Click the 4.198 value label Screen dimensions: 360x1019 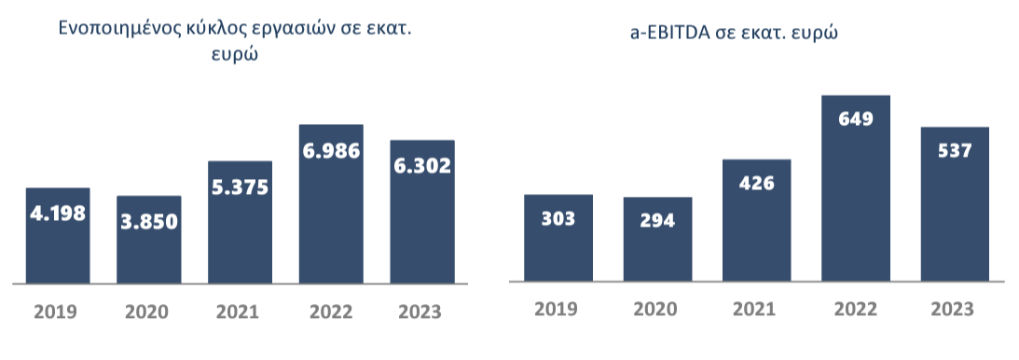tap(58, 213)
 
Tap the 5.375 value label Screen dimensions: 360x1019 tap(240, 187)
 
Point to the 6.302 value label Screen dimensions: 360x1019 tap(422, 166)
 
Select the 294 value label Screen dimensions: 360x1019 tap(658, 221)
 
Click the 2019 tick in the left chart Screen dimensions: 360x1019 tap(58, 311)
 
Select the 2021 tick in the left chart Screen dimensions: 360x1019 tap(240, 311)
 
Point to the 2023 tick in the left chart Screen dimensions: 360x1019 tap(422, 311)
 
